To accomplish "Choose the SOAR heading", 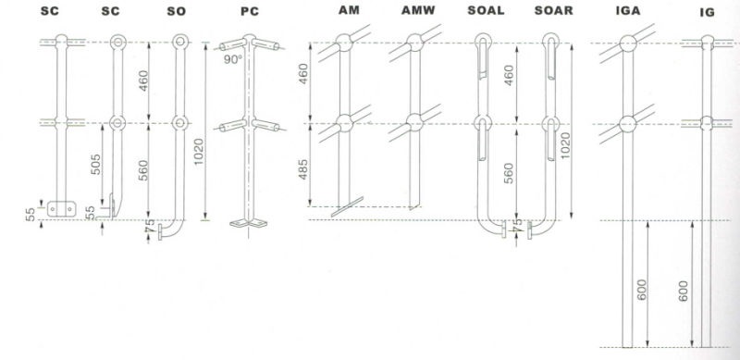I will tap(553, 12).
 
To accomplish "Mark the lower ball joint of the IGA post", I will tap(627, 123).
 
